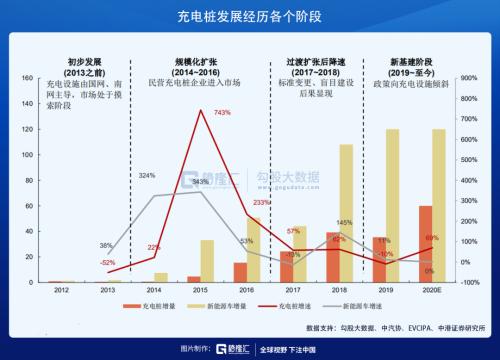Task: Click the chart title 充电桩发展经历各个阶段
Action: pyautogui.click(x=250, y=16)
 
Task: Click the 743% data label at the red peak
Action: pyautogui.click(x=222, y=112)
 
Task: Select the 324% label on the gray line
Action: pyautogui.click(x=147, y=175)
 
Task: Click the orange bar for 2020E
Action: pyautogui.click(x=426, y=244)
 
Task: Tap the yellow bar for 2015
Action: pyautogui.click(x=207, y=260)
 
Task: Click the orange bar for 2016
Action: pyautogui.click(x=240, y=272)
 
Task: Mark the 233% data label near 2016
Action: pyautogui.click(x=261, y=203)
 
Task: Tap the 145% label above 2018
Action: pyautogui.click(x=343, y=222)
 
